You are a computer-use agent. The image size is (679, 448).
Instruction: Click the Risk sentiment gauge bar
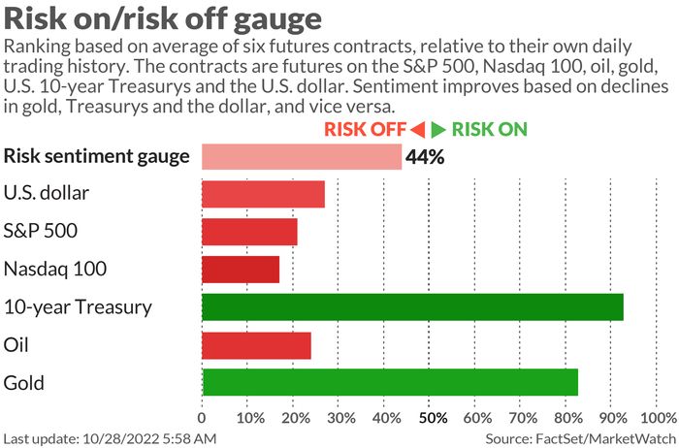point(301,157)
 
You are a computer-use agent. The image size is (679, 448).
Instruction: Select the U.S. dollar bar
point(263,194)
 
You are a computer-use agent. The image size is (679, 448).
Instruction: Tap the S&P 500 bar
point(249,232)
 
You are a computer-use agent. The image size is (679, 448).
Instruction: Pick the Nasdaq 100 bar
point(240,270)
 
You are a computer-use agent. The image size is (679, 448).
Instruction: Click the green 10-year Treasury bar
point(412,307)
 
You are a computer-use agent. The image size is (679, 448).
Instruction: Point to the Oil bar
point(256,345)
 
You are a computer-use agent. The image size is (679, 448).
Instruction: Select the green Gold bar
point(389,382)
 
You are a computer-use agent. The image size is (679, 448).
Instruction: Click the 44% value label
point(426,157)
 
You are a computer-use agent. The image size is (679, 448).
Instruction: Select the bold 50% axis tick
point(433,418)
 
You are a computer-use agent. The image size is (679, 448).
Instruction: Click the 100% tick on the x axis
point(660,418)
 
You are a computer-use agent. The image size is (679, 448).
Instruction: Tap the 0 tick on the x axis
point(202,418)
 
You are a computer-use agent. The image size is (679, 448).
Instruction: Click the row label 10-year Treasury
point(78,307)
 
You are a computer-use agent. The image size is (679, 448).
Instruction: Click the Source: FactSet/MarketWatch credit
point(580,438)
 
